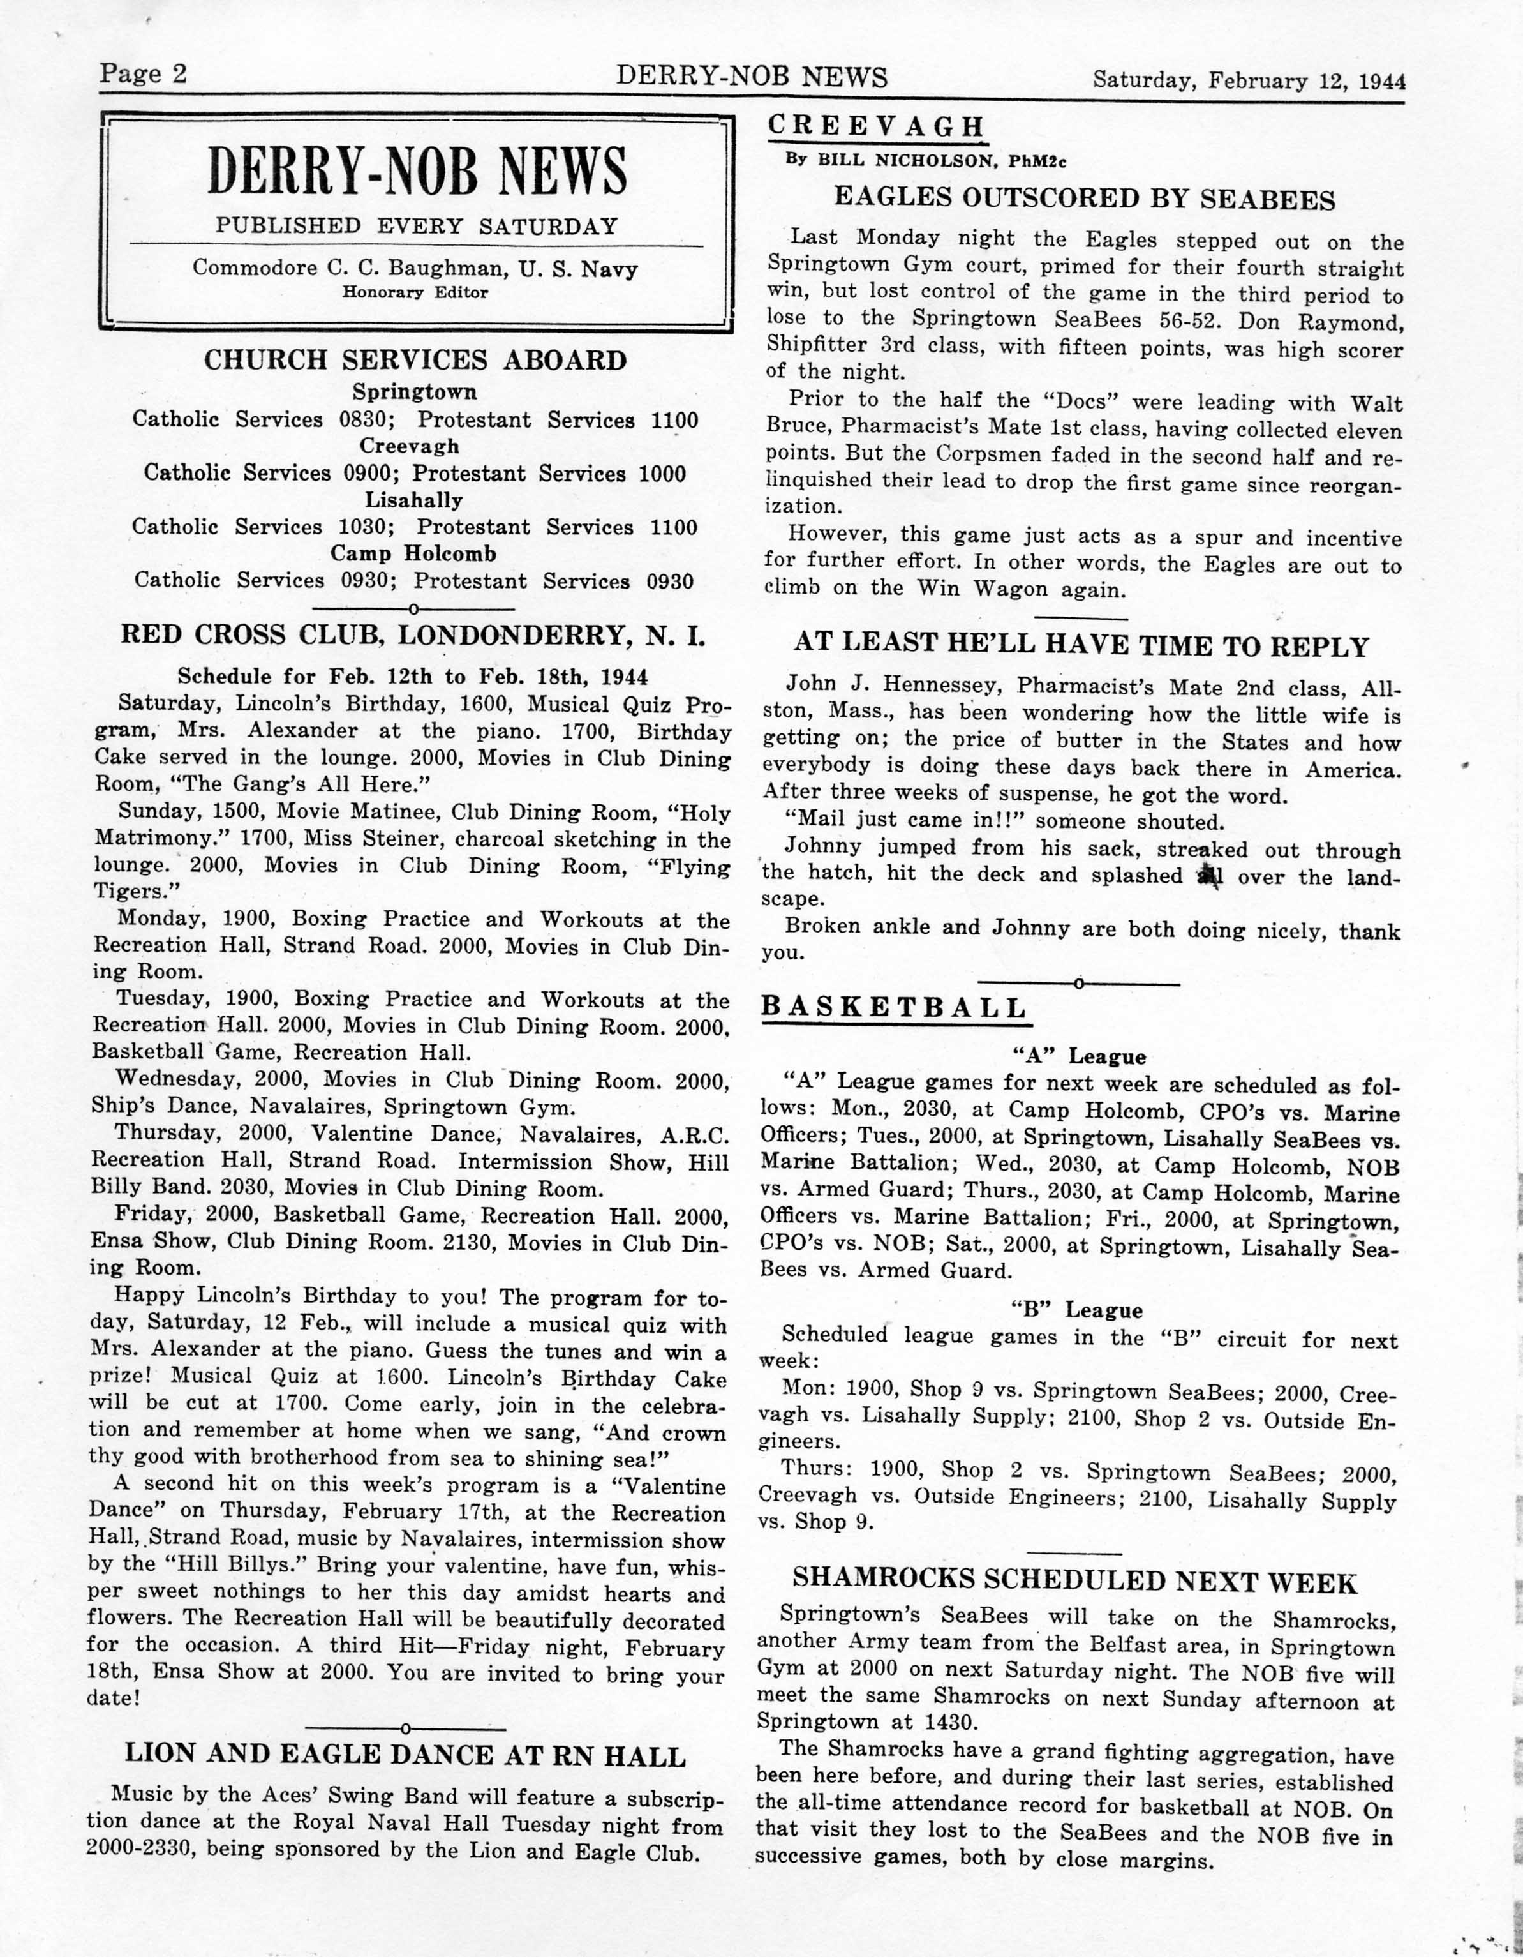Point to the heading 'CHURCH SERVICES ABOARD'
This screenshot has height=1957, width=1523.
pyautogui.click(x=416, y=360)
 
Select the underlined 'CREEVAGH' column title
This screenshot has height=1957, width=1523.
pyautogui.click(x=876, y=126)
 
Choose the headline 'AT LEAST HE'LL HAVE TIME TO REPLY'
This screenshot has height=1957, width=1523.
pyautogui.click(x=1081, y=647)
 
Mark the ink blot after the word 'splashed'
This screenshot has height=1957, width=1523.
pyautogui.click(x=1210, y=874)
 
